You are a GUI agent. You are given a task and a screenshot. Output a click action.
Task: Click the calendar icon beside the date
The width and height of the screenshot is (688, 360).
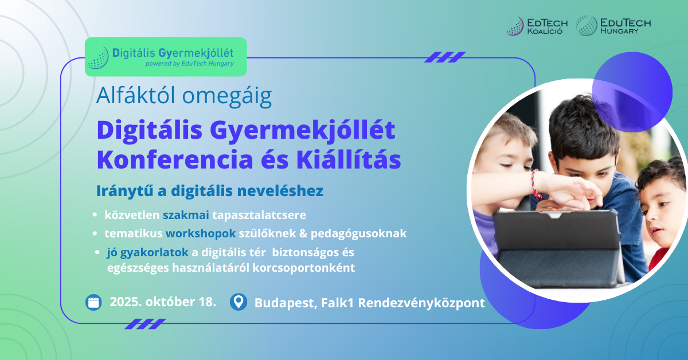click(x=93, y=302)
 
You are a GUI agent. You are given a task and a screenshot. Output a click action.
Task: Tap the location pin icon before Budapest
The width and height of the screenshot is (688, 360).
click(x=239, y=302)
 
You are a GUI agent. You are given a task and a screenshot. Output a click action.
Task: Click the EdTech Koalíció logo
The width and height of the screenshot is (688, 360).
click(x=537, y=26)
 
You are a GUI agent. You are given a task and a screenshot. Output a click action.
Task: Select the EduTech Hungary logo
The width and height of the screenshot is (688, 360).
click(x=613, y=25)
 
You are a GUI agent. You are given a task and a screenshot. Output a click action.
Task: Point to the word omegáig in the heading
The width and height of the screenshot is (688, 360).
click(x=227, y=96)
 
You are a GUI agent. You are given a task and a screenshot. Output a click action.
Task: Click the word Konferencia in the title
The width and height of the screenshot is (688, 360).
click(x=175, y=160)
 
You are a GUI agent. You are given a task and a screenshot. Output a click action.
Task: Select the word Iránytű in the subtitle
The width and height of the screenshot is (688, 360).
click(x=125, y=191)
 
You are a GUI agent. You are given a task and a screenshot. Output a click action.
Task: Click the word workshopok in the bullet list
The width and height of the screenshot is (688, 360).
click(x=201, y=234)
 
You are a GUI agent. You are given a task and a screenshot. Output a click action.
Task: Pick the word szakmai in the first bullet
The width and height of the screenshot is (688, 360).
click(x=186, y=215)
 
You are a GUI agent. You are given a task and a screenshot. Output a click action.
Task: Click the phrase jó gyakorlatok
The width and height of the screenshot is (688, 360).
click(x=147, y=252)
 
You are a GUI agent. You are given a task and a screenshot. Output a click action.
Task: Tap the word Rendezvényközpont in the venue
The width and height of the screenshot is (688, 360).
click(x=421, y=303)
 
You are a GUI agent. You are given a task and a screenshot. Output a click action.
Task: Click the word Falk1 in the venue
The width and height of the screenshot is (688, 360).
click(x=338, y=303)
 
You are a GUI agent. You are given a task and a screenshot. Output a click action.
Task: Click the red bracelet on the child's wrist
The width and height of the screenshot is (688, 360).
click(x=536, y=183)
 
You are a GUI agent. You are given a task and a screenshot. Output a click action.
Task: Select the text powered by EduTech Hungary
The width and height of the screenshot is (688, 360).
click(x=190, y=64)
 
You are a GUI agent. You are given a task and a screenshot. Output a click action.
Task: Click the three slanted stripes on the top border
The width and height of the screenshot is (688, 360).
click(x=445, y=57)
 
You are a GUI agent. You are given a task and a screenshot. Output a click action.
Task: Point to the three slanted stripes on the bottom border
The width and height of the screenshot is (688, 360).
click(x=145, y=324)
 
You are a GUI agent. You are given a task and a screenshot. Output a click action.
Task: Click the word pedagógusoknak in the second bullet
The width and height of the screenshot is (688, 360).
click(x=358, y=234)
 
